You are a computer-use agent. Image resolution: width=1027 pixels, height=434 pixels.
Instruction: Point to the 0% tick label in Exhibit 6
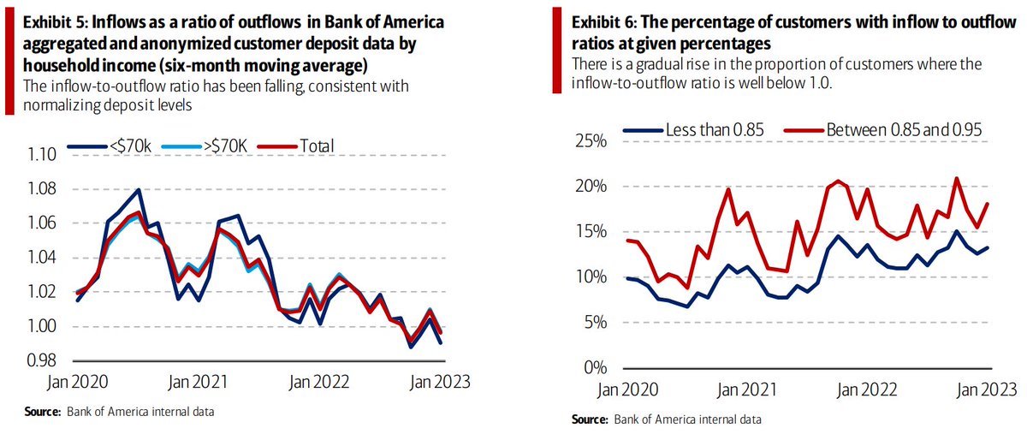tap(593, 368)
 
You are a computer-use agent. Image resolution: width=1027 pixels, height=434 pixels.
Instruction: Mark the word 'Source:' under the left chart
tap(40, 412)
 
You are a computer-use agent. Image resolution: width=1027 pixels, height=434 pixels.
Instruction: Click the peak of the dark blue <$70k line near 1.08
tap(138, 190)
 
